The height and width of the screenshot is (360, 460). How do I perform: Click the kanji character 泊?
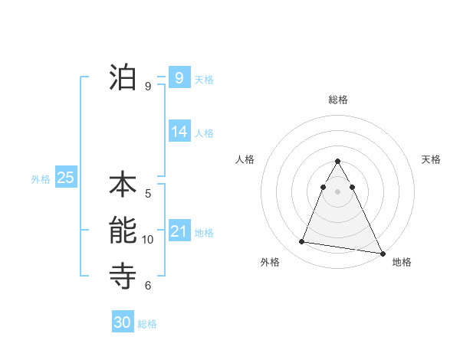pyautogui.click(x=123, y=77)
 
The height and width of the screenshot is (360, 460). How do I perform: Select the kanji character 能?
pyautogui.click(x=123, y=230)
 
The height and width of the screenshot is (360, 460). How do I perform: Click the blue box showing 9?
pyautogui.click(x=179, y=77)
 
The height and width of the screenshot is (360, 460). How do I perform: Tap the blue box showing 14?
pyautogui.click(x=179, y=132)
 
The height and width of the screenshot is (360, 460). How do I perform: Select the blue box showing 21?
pyautogui.click(x=179, y=231)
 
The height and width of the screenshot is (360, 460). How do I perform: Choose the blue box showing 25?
pyautogui.click(x=65, y=178)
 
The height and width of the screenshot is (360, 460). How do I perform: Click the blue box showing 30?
pyautogui.click(x=123, y=322)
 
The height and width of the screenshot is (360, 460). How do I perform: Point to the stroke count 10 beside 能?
pyautogui.click(x=148, y=240)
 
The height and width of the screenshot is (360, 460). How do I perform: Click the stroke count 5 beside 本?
pyautogui.click(x=148, y=194)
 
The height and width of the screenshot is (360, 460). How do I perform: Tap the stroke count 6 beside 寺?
pyautogui.click(x=148, y=286)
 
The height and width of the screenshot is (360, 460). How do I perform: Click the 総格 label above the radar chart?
pyautogui.click(x=338, y=100)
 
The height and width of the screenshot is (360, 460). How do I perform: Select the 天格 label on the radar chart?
pyautogui.click(x=432, y=159)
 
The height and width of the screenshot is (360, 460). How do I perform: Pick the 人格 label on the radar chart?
pyautogui.click(x=245, y=159)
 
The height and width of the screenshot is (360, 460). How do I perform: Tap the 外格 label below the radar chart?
pyautogui.click(x=270, y=262)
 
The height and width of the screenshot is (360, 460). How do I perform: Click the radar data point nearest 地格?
pyautogui.click(x=382, y=253)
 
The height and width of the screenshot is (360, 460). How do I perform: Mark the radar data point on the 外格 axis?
pyautogui.click(x=302, y=242)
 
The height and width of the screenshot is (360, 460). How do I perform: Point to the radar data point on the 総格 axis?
pyautogui.click(x=338, y=162)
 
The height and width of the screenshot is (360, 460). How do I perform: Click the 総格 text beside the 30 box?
pyautogui.click(x=147, y=324)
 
